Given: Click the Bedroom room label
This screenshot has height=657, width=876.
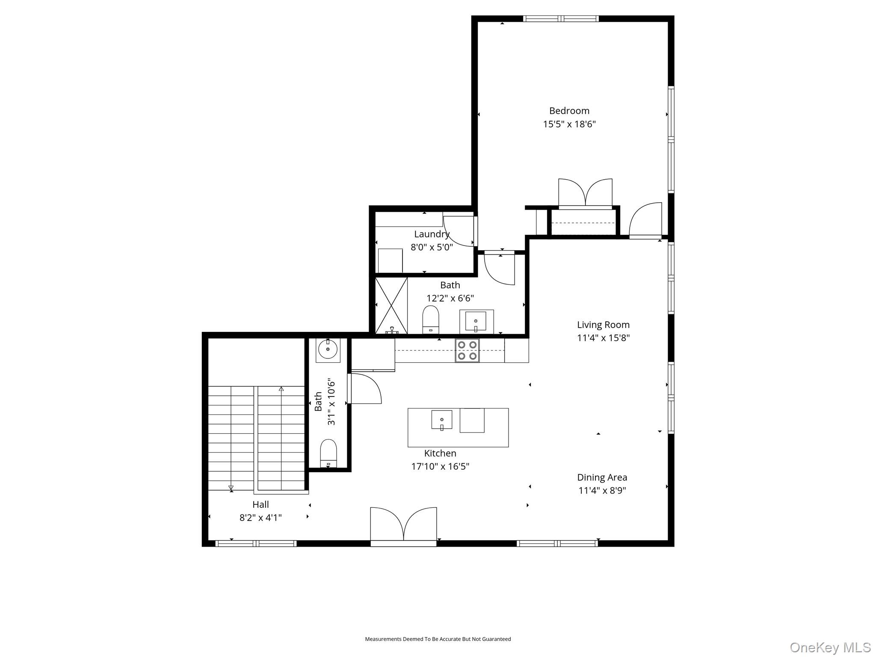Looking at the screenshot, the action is tap(569, 111).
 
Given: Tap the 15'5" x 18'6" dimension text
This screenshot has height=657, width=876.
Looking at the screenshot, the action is tap(569, 124).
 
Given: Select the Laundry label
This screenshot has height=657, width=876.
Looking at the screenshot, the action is tap(432, 234).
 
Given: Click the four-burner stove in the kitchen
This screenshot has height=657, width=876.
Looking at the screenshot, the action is tap(467, 350).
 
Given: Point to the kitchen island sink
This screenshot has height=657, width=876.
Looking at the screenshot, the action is tap(442, 420).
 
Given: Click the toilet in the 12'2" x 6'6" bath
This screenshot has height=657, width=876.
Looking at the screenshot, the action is tap(431, 319).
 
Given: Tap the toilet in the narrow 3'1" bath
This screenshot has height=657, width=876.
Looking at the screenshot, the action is tap(328, 453).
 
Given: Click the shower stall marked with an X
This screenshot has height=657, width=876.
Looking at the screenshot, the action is tap(391, 305).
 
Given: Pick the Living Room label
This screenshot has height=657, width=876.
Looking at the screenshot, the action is tap(603, 325).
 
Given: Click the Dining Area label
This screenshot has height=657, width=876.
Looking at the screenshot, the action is tap(602, 477).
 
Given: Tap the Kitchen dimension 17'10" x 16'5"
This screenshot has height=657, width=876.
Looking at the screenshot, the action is tap(440, 466).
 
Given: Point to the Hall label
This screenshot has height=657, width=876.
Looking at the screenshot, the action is tap(260, 504).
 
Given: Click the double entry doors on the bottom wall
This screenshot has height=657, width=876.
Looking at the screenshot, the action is tap(403, 527).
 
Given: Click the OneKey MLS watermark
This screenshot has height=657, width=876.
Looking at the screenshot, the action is tap(830, 647).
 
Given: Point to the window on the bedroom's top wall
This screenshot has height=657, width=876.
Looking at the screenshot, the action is tap(561, 18).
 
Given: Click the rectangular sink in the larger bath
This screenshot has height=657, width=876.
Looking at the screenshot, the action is tap(476, 321).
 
